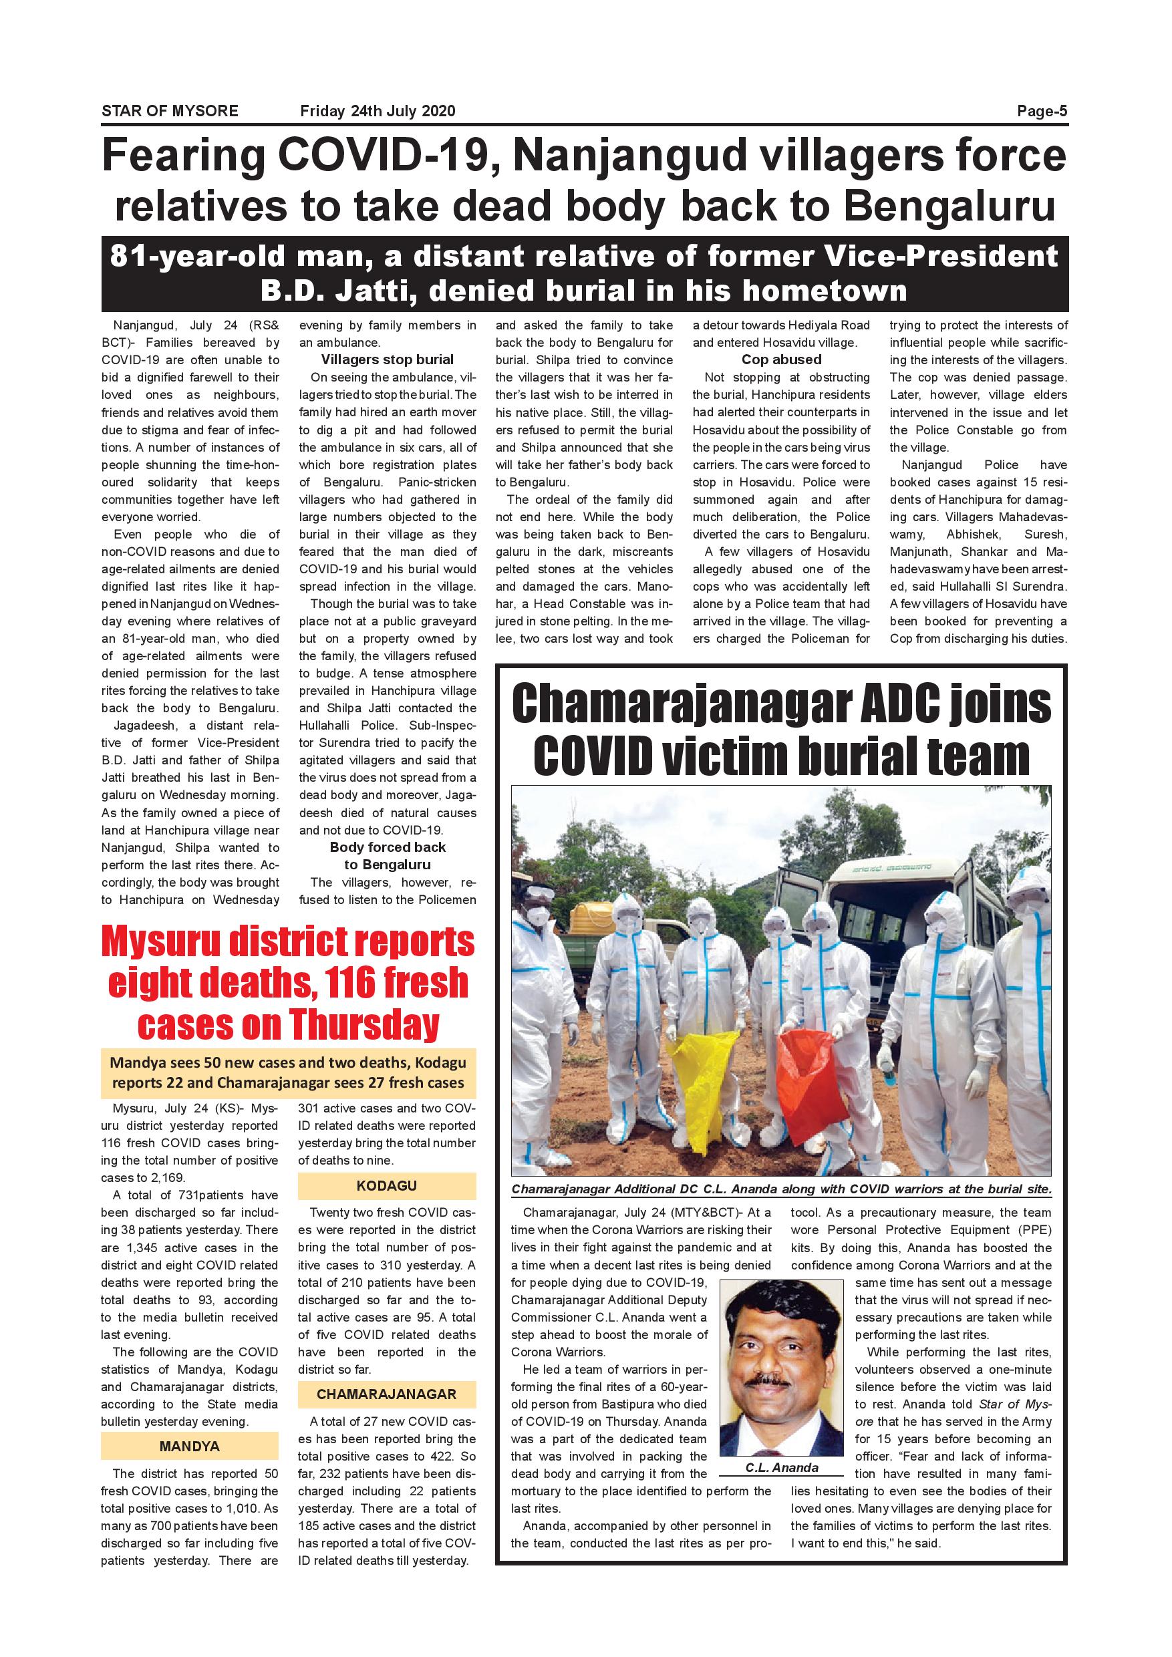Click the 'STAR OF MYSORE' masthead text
tap(170, 111)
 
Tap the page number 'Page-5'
tap(1042, 111)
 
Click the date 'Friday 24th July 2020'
tap(378, 111)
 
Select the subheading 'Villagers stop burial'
tap(388, 360)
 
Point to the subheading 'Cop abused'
tap(781, 360)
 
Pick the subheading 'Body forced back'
tap(388, 847)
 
